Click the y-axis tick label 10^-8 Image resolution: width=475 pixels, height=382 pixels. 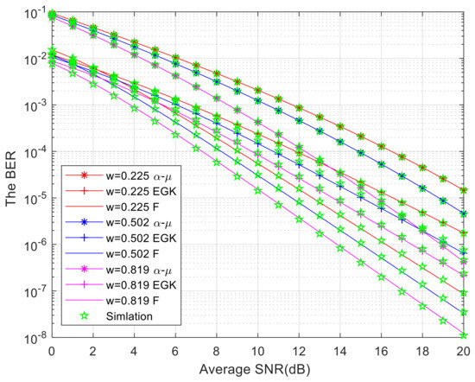click(x=35, y=338)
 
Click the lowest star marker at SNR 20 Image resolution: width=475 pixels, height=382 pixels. click(x=464, y=335)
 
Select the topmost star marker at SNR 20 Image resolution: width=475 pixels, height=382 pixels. click(x=464, y=190)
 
